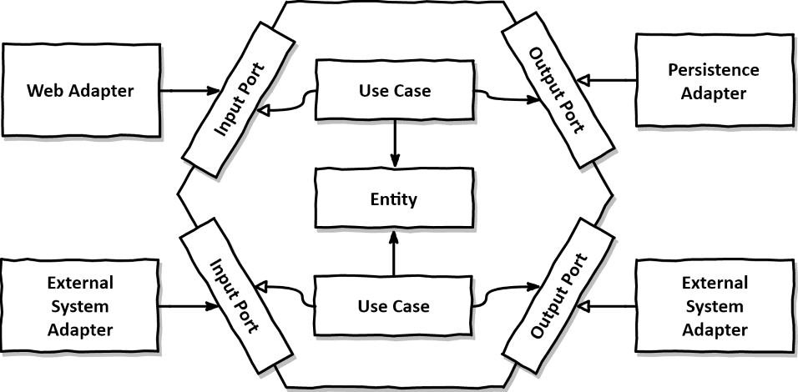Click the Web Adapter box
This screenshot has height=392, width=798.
pyautogui.click(x=81, y=89)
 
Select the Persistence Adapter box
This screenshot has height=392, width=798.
pyautogui.click(x=713, y=81)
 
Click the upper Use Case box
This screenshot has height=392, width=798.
pyautogui.click(x=394, y=90)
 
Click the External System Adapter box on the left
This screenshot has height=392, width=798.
pyautogui.click(x=80, y=306)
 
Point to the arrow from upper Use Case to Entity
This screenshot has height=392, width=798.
pyautogui.click(x=393, y=143)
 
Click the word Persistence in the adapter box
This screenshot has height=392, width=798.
pyautogui.click(x=713, y=70)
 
